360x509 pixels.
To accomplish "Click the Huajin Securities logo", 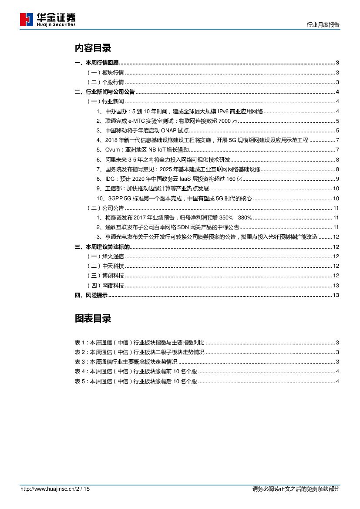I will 48,20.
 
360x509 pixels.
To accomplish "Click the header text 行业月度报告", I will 323,25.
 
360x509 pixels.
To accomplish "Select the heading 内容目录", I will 93,48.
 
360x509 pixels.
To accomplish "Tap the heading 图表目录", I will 93,319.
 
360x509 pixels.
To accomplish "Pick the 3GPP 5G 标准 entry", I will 174,198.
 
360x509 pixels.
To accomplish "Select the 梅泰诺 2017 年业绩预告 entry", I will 174,218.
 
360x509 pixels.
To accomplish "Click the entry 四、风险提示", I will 91,296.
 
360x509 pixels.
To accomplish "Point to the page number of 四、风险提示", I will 336,296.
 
